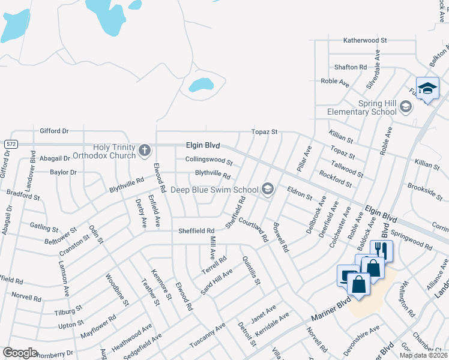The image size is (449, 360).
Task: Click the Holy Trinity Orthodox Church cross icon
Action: coord(144,151)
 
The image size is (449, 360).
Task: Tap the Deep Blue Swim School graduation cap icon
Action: coord(268,190)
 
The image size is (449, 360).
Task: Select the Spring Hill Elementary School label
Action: coord(362,107)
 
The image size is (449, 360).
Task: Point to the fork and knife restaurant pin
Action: coord(381,250)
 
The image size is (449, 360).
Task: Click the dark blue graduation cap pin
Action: coord(427,89)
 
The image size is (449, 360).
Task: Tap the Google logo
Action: coord(20,353)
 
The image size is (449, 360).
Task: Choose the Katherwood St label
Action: coord(365,40)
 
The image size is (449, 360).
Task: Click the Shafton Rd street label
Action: coord(351,67)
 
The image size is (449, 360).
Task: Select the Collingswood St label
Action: coord(208,160)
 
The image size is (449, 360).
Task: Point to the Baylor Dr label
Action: coord(64,172)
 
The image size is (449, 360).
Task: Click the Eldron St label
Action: coord(300,193)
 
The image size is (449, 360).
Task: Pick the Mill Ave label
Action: coord(212,246)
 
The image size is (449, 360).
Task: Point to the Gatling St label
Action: coord(44,228)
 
